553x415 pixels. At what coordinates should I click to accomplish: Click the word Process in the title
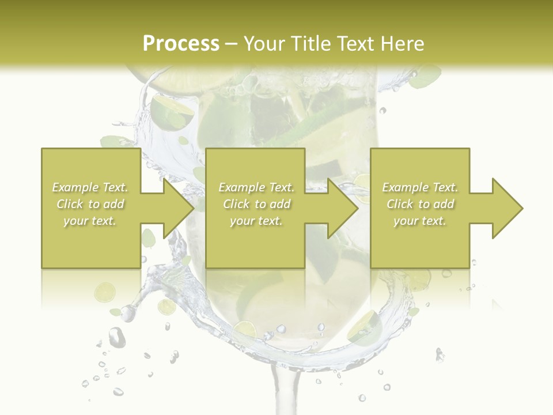click(x=181, y=44)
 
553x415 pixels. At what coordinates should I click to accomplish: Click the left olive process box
click(x=91, y=242)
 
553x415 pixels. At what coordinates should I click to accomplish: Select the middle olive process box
click(x=255, y=242)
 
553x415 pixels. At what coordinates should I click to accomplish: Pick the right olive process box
click(x=419, y=242)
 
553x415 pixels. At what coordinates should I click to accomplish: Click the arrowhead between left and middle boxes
click(x=179, y=208)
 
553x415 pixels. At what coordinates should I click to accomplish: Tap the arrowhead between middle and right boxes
click(x=343, y=208)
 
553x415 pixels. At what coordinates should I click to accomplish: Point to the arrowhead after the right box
click(x=507, y=208)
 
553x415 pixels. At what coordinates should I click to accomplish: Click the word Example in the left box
click(x=74, y=187)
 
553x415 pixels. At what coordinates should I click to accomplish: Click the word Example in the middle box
click(x=240, y=187)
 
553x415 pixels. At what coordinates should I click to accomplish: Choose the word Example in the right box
click(x=404, y=187)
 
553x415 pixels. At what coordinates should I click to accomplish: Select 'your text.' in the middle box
click(x=256, y=221)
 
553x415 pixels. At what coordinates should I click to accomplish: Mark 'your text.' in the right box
click(x=419, y=221)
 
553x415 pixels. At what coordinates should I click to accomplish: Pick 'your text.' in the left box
click(x=89, y=221)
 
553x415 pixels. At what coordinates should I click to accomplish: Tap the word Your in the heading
click(x=263, y=44)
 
